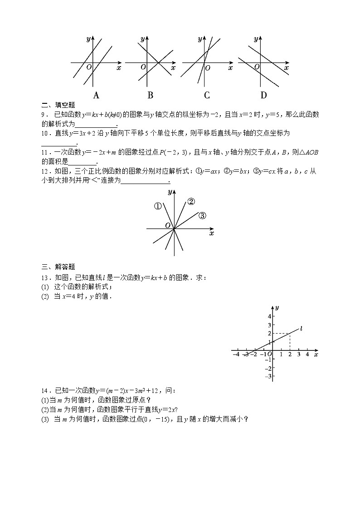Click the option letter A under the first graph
tap(96, 95)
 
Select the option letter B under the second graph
tap(150, 95)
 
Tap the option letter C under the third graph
tap(207, 95)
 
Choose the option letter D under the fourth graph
tap(263, 95)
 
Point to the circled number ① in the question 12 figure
tap(158, 206)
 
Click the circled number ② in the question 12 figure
tap(191, 202)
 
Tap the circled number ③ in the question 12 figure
tap(202, 216)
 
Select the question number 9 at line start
tap(44, 115)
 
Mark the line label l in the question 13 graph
tap(302, 328)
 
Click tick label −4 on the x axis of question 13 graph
tap(236, 354)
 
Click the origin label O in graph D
tap(257, 67)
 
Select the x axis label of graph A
tap(119, 68)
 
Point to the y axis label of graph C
tap(199, 39)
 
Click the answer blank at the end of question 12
tap(145, 181)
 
